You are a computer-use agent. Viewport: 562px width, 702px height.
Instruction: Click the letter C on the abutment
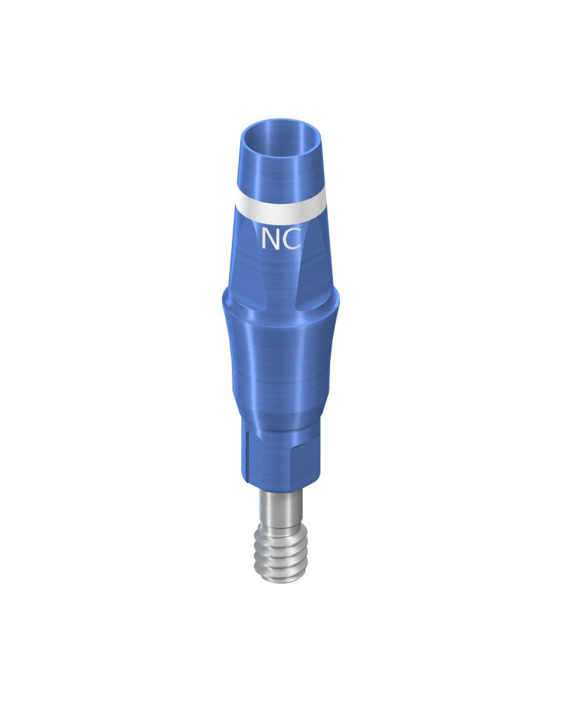[292, 239]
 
